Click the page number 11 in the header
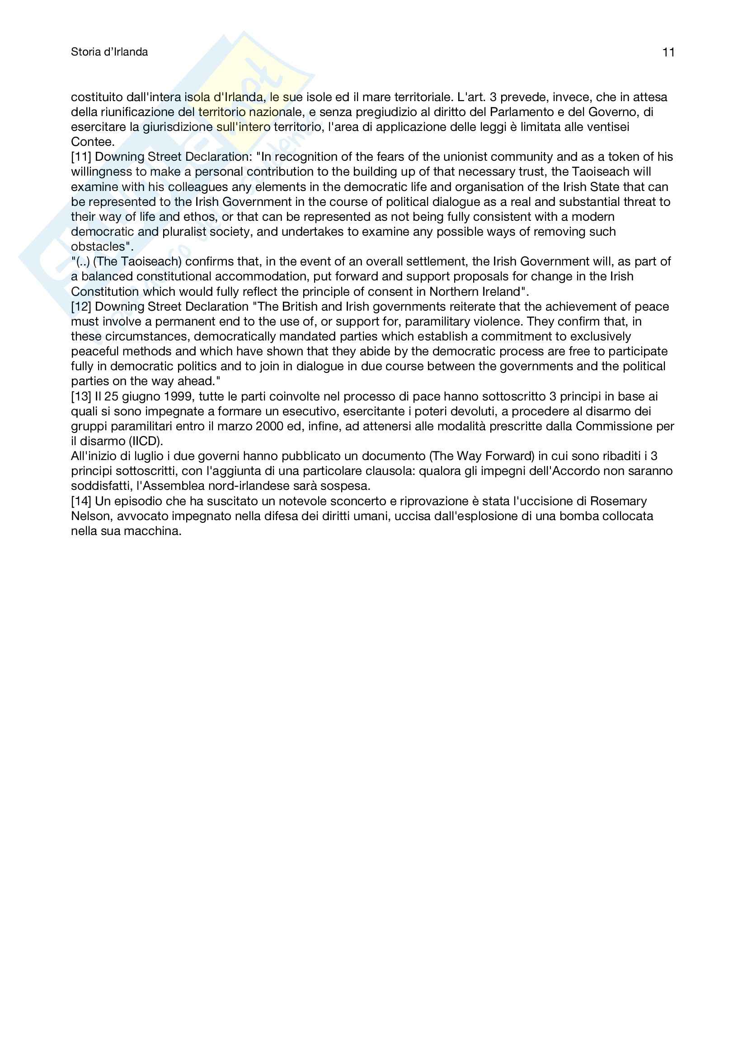pos(668,52)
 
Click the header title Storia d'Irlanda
pos(109,52)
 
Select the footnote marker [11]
pos(81,157)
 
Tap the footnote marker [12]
pos(81,306)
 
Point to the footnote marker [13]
pos(81,396)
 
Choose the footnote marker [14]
pos(81,501)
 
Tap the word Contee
pos(93,142)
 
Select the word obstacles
pos(98,247)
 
